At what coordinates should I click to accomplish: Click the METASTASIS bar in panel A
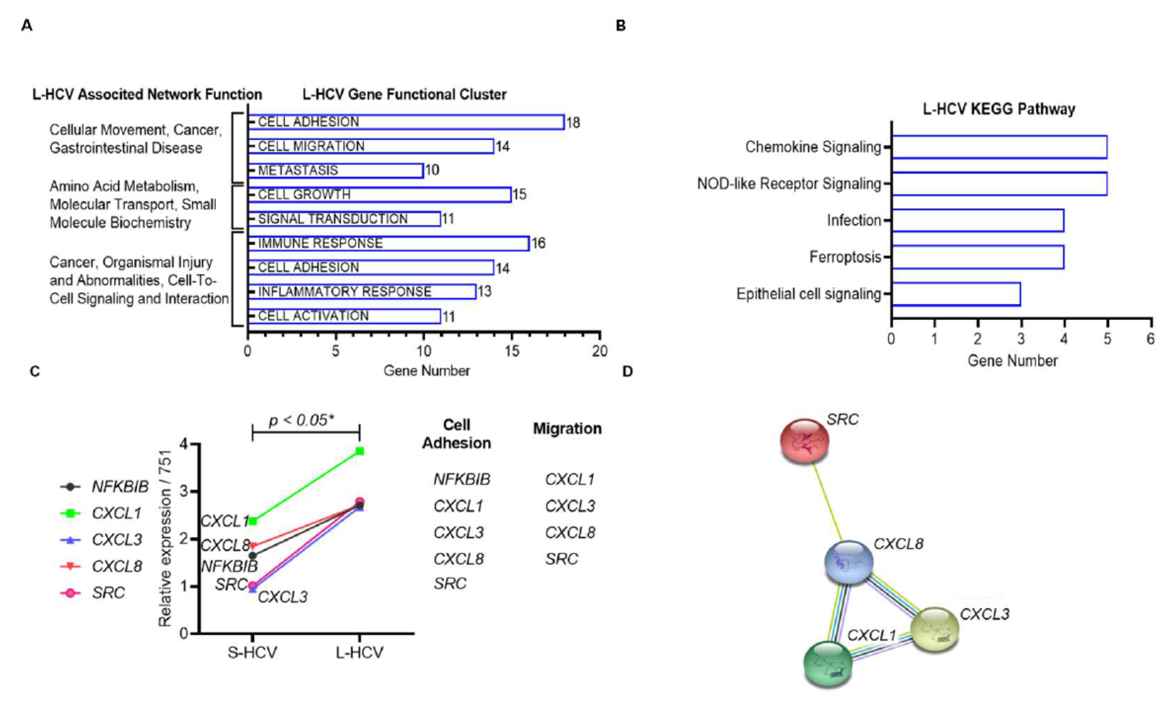tap(336, 170)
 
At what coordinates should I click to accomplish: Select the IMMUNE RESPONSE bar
tap(388, 243)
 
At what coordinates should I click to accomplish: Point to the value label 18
tap(573, 123)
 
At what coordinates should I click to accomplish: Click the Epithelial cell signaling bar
tap(955, 294)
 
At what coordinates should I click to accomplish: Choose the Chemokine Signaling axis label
tap(813, 147)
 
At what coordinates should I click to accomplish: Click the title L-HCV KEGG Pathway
tap(999, 109)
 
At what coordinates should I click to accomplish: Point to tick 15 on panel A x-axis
tap(512, 351)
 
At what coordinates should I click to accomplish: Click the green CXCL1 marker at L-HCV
tap(360, 451)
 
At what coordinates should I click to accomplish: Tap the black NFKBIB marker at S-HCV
tap(253, 556)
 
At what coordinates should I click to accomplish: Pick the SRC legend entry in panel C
tap(108, 593)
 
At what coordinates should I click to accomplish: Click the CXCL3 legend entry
tap(117, 540)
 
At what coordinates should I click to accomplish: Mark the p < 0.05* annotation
tap(301, 420)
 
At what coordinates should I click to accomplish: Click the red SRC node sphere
tap(804, 441)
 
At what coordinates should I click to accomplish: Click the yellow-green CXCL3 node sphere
tap(935, 629)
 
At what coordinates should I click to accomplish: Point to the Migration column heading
tap(567, 429)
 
